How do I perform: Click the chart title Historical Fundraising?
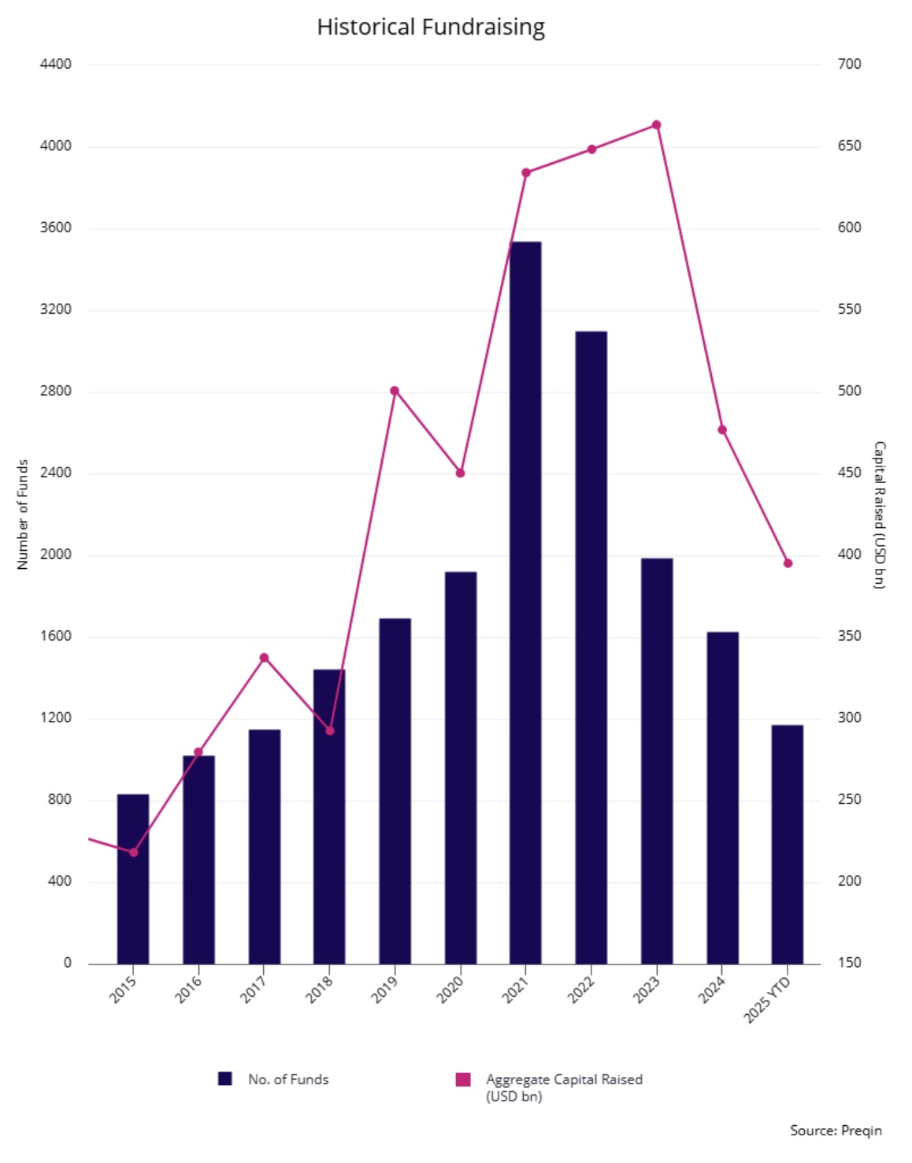click(431, 27)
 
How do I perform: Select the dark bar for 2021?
click(525, 603)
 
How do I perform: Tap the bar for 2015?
click(133, 879)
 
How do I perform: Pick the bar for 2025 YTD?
click(788, 845)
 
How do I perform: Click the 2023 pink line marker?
click(656, 125)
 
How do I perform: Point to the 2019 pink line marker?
click(395, 391)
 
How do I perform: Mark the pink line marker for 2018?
click(329, 730)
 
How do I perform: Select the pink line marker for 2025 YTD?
click(788, 563)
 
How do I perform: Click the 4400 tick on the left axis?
click(56, 65)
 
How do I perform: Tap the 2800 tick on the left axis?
click(56, 391)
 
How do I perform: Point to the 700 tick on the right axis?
click(850, 65)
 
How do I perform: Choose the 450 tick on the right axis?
click(850, 473)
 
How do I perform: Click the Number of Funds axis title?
click(23, 515)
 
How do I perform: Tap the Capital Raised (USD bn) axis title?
click(879, 515)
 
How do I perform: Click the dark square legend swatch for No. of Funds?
click(224, 1079)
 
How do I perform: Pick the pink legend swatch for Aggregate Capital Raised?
click(463, 1079)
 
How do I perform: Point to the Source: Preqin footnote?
click(836, 1131)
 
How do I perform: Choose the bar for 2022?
click(591, 648)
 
